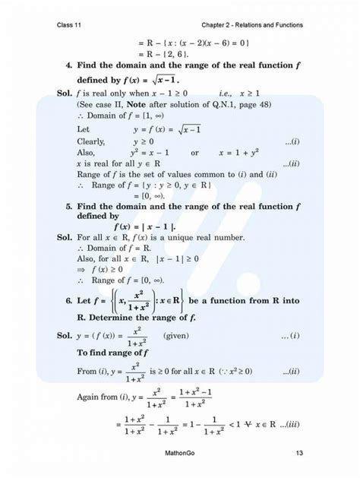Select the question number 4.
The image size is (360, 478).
pos(69,65)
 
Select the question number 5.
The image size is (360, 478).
pos(69,205)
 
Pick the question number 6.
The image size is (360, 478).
pos(69,301)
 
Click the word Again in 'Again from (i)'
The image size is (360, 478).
pos(90,396)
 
